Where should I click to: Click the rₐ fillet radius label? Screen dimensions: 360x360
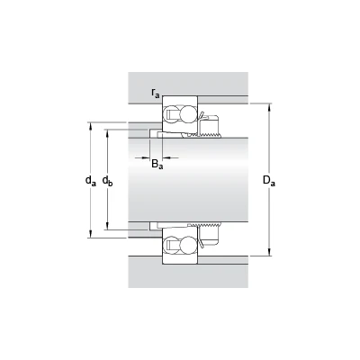click(156, 94)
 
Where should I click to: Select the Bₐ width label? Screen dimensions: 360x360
click(157, 165)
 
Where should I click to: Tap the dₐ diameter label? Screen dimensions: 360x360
click(91, 181)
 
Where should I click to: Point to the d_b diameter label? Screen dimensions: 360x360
click(107, 181)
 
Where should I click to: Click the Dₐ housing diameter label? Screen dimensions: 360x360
click(269, 181)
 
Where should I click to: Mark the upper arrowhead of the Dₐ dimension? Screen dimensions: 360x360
click(269, 107)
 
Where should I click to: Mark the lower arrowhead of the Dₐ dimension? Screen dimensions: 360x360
click(269, 253)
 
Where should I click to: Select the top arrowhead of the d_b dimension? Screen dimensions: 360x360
click(107, 133)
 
